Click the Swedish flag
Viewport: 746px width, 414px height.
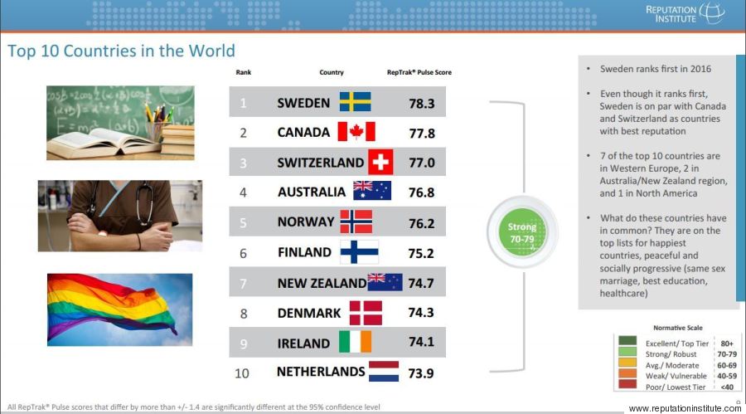click(x=355, y=101)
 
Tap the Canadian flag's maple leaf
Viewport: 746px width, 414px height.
click(x=356, y=131)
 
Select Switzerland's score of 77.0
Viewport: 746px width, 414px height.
click(x=422, y=163)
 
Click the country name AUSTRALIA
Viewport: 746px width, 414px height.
click(x=312, y=192)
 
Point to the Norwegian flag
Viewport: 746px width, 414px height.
click(x=356, y=222)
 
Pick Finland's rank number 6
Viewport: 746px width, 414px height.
click(x=243, y=253)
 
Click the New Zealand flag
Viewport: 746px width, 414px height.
click(x=385, y=282)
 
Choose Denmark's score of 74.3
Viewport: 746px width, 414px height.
click(x=420, y=312)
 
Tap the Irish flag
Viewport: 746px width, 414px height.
click(x=355, y=342)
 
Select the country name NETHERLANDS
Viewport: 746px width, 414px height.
click(x=321, y=372)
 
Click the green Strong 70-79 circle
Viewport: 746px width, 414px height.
click(x=522, y=232)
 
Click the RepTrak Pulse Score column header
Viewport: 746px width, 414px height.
click(x=419, y=72)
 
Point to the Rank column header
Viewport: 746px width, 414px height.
click(x=243, y=72)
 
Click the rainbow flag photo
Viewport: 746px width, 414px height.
click(x=120, y=309)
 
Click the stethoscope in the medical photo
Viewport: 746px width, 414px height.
click(x=143, y=202)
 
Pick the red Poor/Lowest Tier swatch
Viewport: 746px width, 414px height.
click(x=627, y=384)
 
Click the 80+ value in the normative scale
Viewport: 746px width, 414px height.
click(x=727, y=343)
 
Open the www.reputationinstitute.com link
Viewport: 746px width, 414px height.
click(x=685, y=408)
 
